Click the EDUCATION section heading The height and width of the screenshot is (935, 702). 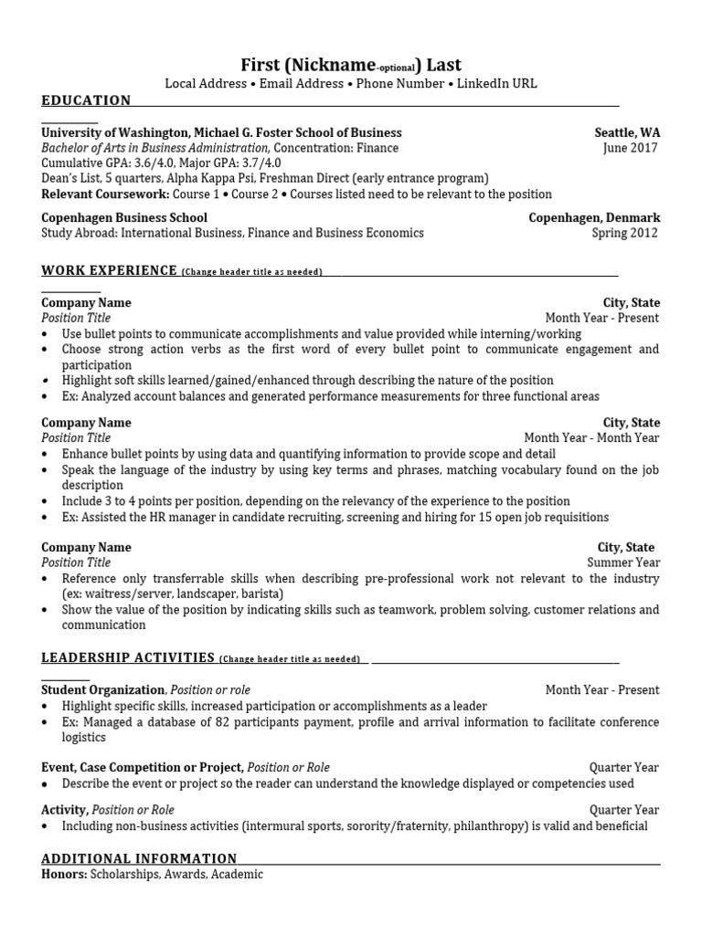[x=86, y=100]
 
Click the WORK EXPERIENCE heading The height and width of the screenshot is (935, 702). [x=109, y=270]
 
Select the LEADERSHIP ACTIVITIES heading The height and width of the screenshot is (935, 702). [x=128, y=657]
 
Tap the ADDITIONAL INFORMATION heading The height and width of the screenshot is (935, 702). [x=139, y=858]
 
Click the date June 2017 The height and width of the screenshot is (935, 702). [x=631, y=148]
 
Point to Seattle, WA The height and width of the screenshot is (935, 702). [x=627, y=132]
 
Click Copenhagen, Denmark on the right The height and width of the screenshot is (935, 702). [x=594, y=218]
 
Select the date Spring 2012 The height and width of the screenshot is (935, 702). [x=625, y=233]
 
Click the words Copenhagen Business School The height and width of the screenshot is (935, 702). [x=124, y=218]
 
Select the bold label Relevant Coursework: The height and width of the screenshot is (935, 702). [x=105, y=194]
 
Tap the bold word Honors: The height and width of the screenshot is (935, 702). [x=63, y=874]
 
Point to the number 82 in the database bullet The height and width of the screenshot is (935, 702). [x=212, y=722]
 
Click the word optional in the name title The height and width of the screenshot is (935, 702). [x=397, y=68]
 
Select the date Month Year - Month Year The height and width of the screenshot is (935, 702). [x=591, y=437]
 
